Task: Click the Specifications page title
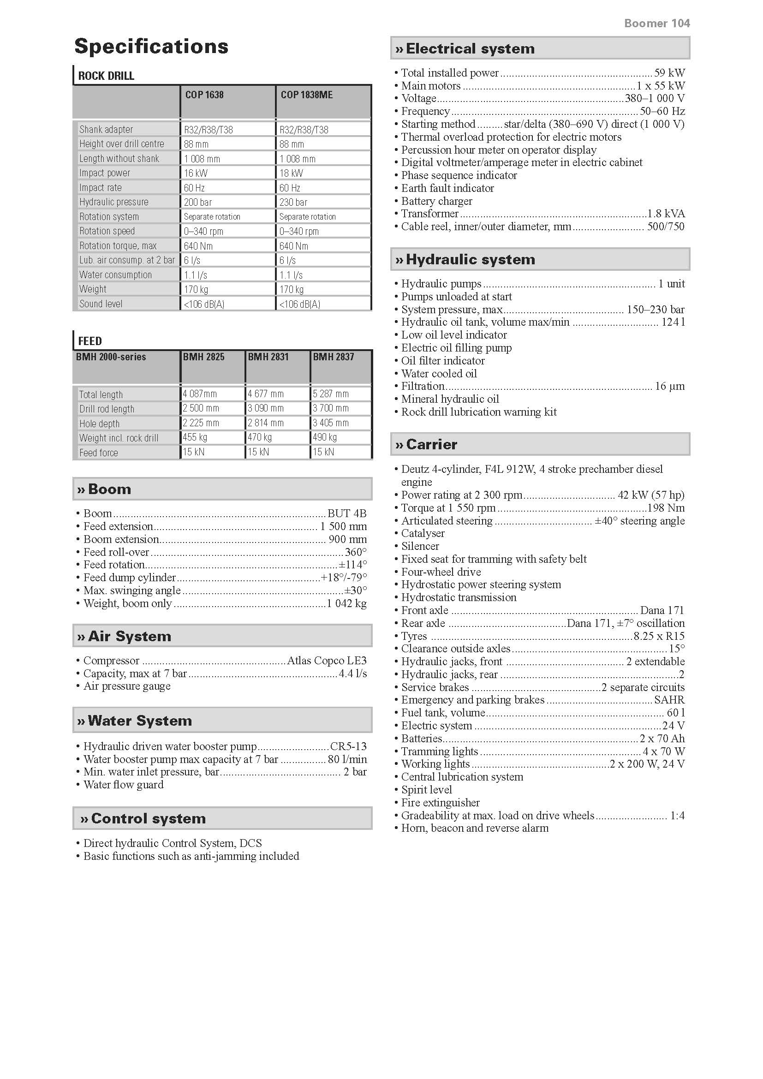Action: pyautogui.click(x=151, y=46)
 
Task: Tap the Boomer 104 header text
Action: pyautogui.click(x=656, y=23)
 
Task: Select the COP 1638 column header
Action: pyautogui.click(x=204, y=95)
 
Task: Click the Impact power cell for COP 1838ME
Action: pyautogui.click(x=291, y=173)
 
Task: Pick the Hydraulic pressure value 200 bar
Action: pyautogui.click(x=198, y=202)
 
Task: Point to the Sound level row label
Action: pyautogui.click(x=101, y=304)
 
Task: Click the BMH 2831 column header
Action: pyautogui.click(x=268, y=357)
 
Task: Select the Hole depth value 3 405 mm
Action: pyautogui.click(x=331, y=423)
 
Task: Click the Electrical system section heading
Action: pyautogui.click(x=470, y=48)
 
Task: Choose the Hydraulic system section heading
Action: pyautogui.click(x=470, y=259)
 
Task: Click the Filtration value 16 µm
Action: pyautogui.click(x=669, y=386)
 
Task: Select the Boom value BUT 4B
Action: pyautogui.click(x=347, y=513)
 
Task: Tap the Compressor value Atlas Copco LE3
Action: pyautogui.click(x=327, y=660)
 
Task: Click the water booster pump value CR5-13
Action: pyautogui.click(x=348, y=746)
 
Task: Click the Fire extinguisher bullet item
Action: pyautogui.click(x=440, y=803)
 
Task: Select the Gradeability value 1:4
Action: pyautogui.click(x=677, y=815)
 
